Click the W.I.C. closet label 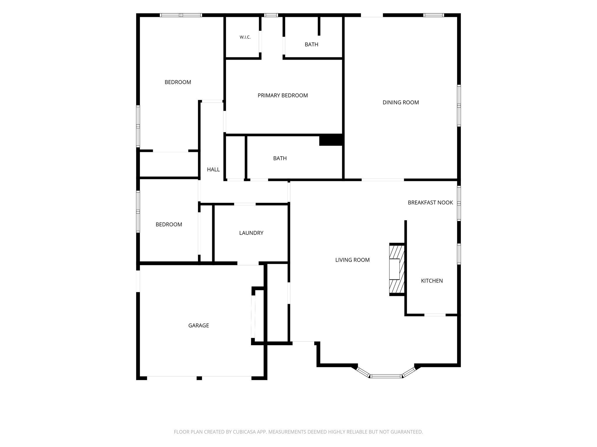(x=245, y=37)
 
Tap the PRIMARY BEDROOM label (x=283, y=95)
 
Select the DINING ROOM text (x=401, y=102)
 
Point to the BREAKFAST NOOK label (x=430, y=203)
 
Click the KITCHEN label (x=432, y=281)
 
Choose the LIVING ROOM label (x=352, y=260)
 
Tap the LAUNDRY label (x=251, y=233)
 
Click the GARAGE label (x=199, y=325)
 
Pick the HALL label (x=213, y=169)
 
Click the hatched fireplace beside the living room (x=397, y=269)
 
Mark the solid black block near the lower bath (x=331, y=140)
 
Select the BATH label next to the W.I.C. (x=311, y=45)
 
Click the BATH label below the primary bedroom (x=280, y=158)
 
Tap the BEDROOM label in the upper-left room (x=178, y=82)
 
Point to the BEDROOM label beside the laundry (x=169, y=224)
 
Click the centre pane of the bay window (x=386, y=376)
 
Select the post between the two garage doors (x=199, y=378)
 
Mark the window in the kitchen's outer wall (x=459, y=254)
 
